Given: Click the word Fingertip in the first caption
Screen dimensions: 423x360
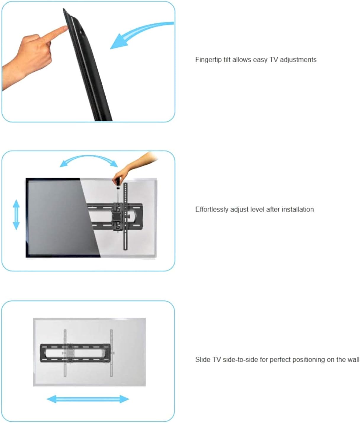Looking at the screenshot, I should coord(208,60).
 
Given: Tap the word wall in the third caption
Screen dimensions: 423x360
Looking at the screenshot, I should coord(353,360).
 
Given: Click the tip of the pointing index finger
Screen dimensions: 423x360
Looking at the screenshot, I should coord(66,28).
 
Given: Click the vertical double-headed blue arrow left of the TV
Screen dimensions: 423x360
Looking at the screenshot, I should coord(16,215).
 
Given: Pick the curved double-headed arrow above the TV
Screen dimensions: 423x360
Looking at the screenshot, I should coord(89,160).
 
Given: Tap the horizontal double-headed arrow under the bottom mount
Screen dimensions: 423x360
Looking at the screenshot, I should coord(88,399).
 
